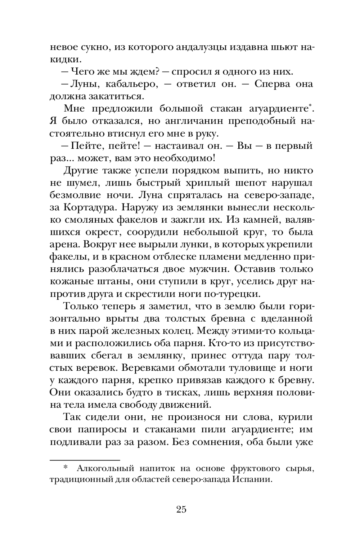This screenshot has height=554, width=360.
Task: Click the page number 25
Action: pos(181,509)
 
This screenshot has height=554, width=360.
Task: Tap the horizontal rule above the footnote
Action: pos(84,460)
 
